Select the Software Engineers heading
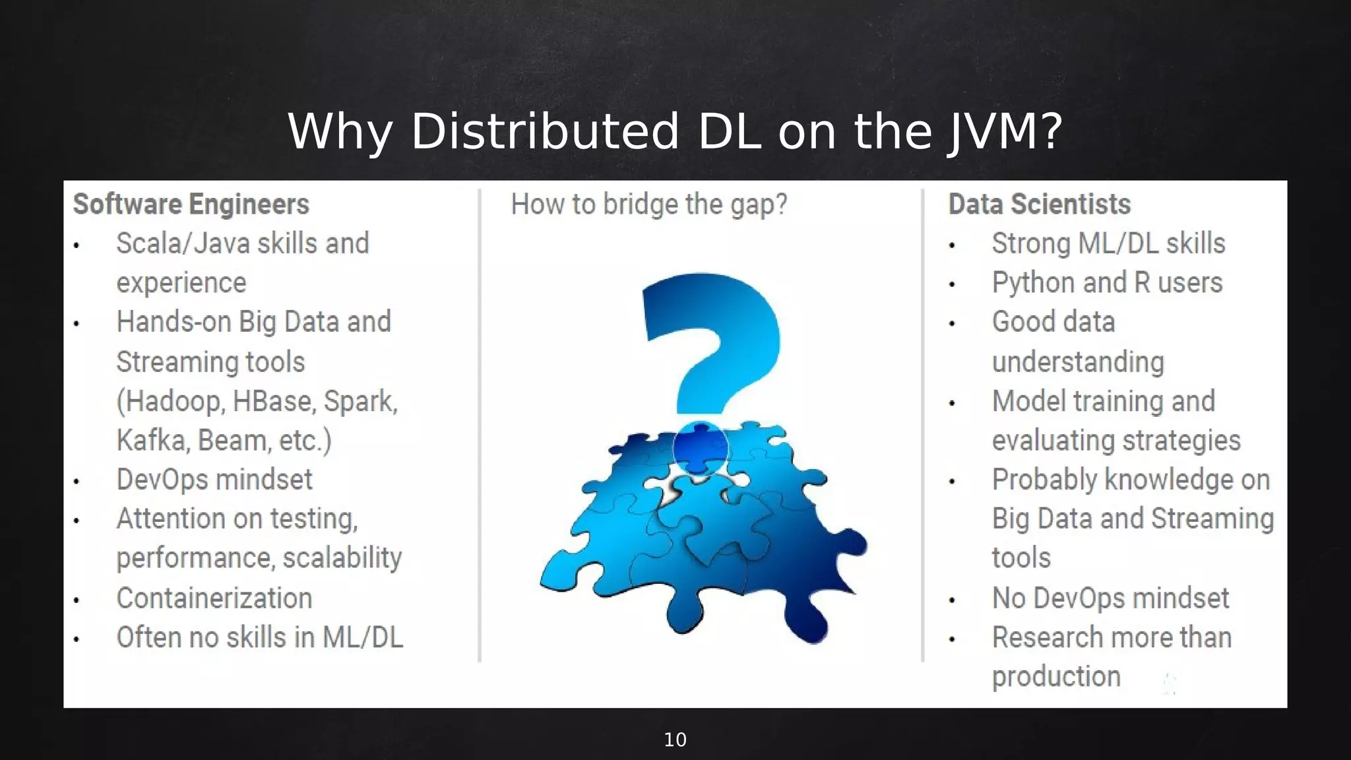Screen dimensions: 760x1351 [191, 205]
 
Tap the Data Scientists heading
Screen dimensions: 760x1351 [1039, 205]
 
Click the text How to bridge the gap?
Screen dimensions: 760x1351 [648, 205]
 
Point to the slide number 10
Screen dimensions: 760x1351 [675, 740]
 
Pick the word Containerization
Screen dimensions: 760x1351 [214, 598]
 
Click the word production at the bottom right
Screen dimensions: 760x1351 [1056, 677]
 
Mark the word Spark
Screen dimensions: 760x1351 [359, 402]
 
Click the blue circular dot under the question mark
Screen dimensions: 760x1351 [701, 449]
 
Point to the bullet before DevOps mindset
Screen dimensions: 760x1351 [77, 482]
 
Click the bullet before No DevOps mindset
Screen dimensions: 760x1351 [952, 600]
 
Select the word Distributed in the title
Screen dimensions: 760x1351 [544, 132]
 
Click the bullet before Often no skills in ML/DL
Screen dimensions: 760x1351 [77, 639]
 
